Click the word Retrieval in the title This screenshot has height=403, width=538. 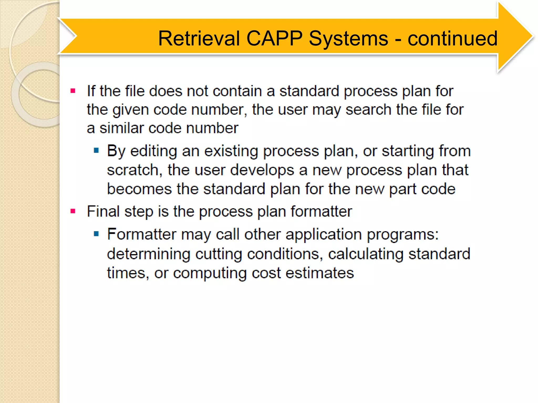point(199,39)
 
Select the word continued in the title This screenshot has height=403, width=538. point(452,39)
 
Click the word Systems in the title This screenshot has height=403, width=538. point(348,39)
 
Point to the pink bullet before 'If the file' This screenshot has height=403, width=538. point(73,91)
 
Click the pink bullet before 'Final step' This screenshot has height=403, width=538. point(73,211)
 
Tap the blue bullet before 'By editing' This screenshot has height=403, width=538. point(96,151)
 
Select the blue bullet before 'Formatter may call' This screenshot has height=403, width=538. point(96,234)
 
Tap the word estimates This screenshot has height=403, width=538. point(319,273)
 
